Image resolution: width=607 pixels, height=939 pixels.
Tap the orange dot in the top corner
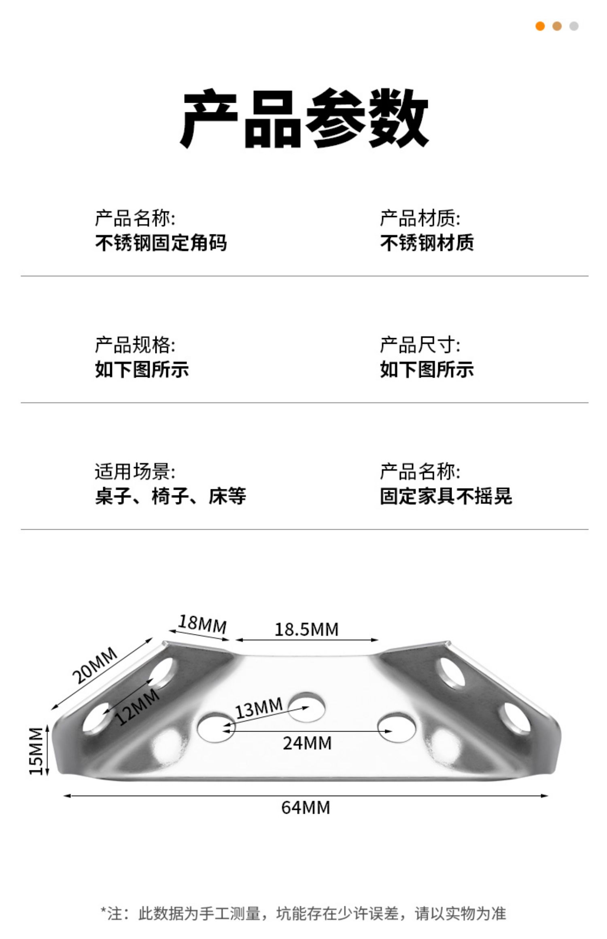coord(540,26)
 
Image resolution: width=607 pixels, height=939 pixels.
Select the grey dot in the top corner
coord(574,26)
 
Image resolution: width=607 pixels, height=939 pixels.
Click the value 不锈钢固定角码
coord(161,243)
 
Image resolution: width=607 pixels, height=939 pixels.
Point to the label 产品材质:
coord(420,218)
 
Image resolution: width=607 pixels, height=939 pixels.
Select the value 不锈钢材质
coord(427,243)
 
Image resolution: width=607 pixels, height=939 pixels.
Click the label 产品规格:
coord(135,345)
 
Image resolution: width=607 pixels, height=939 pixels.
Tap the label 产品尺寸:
coord(420,345)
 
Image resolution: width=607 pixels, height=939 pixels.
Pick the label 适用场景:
coord(135,472)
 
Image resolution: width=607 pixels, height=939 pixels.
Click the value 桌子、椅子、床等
coord(170,496)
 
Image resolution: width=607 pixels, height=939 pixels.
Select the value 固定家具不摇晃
coord(446,496)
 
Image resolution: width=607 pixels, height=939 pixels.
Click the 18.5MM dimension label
coord(306,629)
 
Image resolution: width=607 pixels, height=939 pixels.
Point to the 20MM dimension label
coord(95,665)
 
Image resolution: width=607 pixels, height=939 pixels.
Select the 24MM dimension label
coord(307,743)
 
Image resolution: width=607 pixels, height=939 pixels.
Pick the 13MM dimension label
coord(259,708)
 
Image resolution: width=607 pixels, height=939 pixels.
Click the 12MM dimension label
coord(137,707)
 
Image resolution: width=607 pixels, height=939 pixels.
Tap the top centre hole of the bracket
coord(308,707)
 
